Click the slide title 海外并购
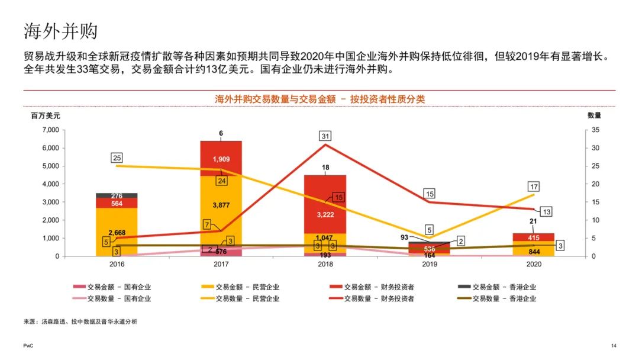pyautogui.click(x=60, y=31)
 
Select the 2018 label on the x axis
pyautogui.click(x=325, y=265)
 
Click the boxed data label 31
pyautogui.click(x=325, y=136)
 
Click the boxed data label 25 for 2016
pyautogui.click(x=117, y=157)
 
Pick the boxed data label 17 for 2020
pyautogui.click(x=534, y=186)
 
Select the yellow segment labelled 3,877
pyautogui.click(x=221, y=205)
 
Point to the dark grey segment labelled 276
pyautogui.click(x=117, y=195)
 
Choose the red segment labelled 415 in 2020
pyautogui.click(x=534, y=237)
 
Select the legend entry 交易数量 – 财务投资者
pyautogui.click(x=376, y=298)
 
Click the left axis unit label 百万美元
pyautogui.click(x=46, y=115)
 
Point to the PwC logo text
pyautogui.click(x=28, y=345)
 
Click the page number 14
pyautogui.click(x=613, y=345)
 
